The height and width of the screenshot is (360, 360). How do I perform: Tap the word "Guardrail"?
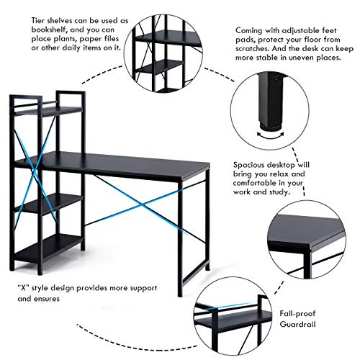coord(297,324)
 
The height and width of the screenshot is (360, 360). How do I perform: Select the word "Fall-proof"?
coord(297,313)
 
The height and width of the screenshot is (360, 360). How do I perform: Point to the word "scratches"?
coord(253,49)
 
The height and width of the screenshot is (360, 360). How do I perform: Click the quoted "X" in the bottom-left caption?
coord(23,288)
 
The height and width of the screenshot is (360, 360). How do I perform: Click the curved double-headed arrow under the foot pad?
coord(270,135)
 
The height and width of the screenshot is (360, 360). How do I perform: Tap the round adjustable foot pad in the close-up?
coord(270,127)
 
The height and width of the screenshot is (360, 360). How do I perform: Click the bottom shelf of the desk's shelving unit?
coord(48,250)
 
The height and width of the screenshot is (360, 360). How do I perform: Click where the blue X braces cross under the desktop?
coord(143,205)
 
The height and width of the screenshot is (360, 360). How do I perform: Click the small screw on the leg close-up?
coord(276,78)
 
